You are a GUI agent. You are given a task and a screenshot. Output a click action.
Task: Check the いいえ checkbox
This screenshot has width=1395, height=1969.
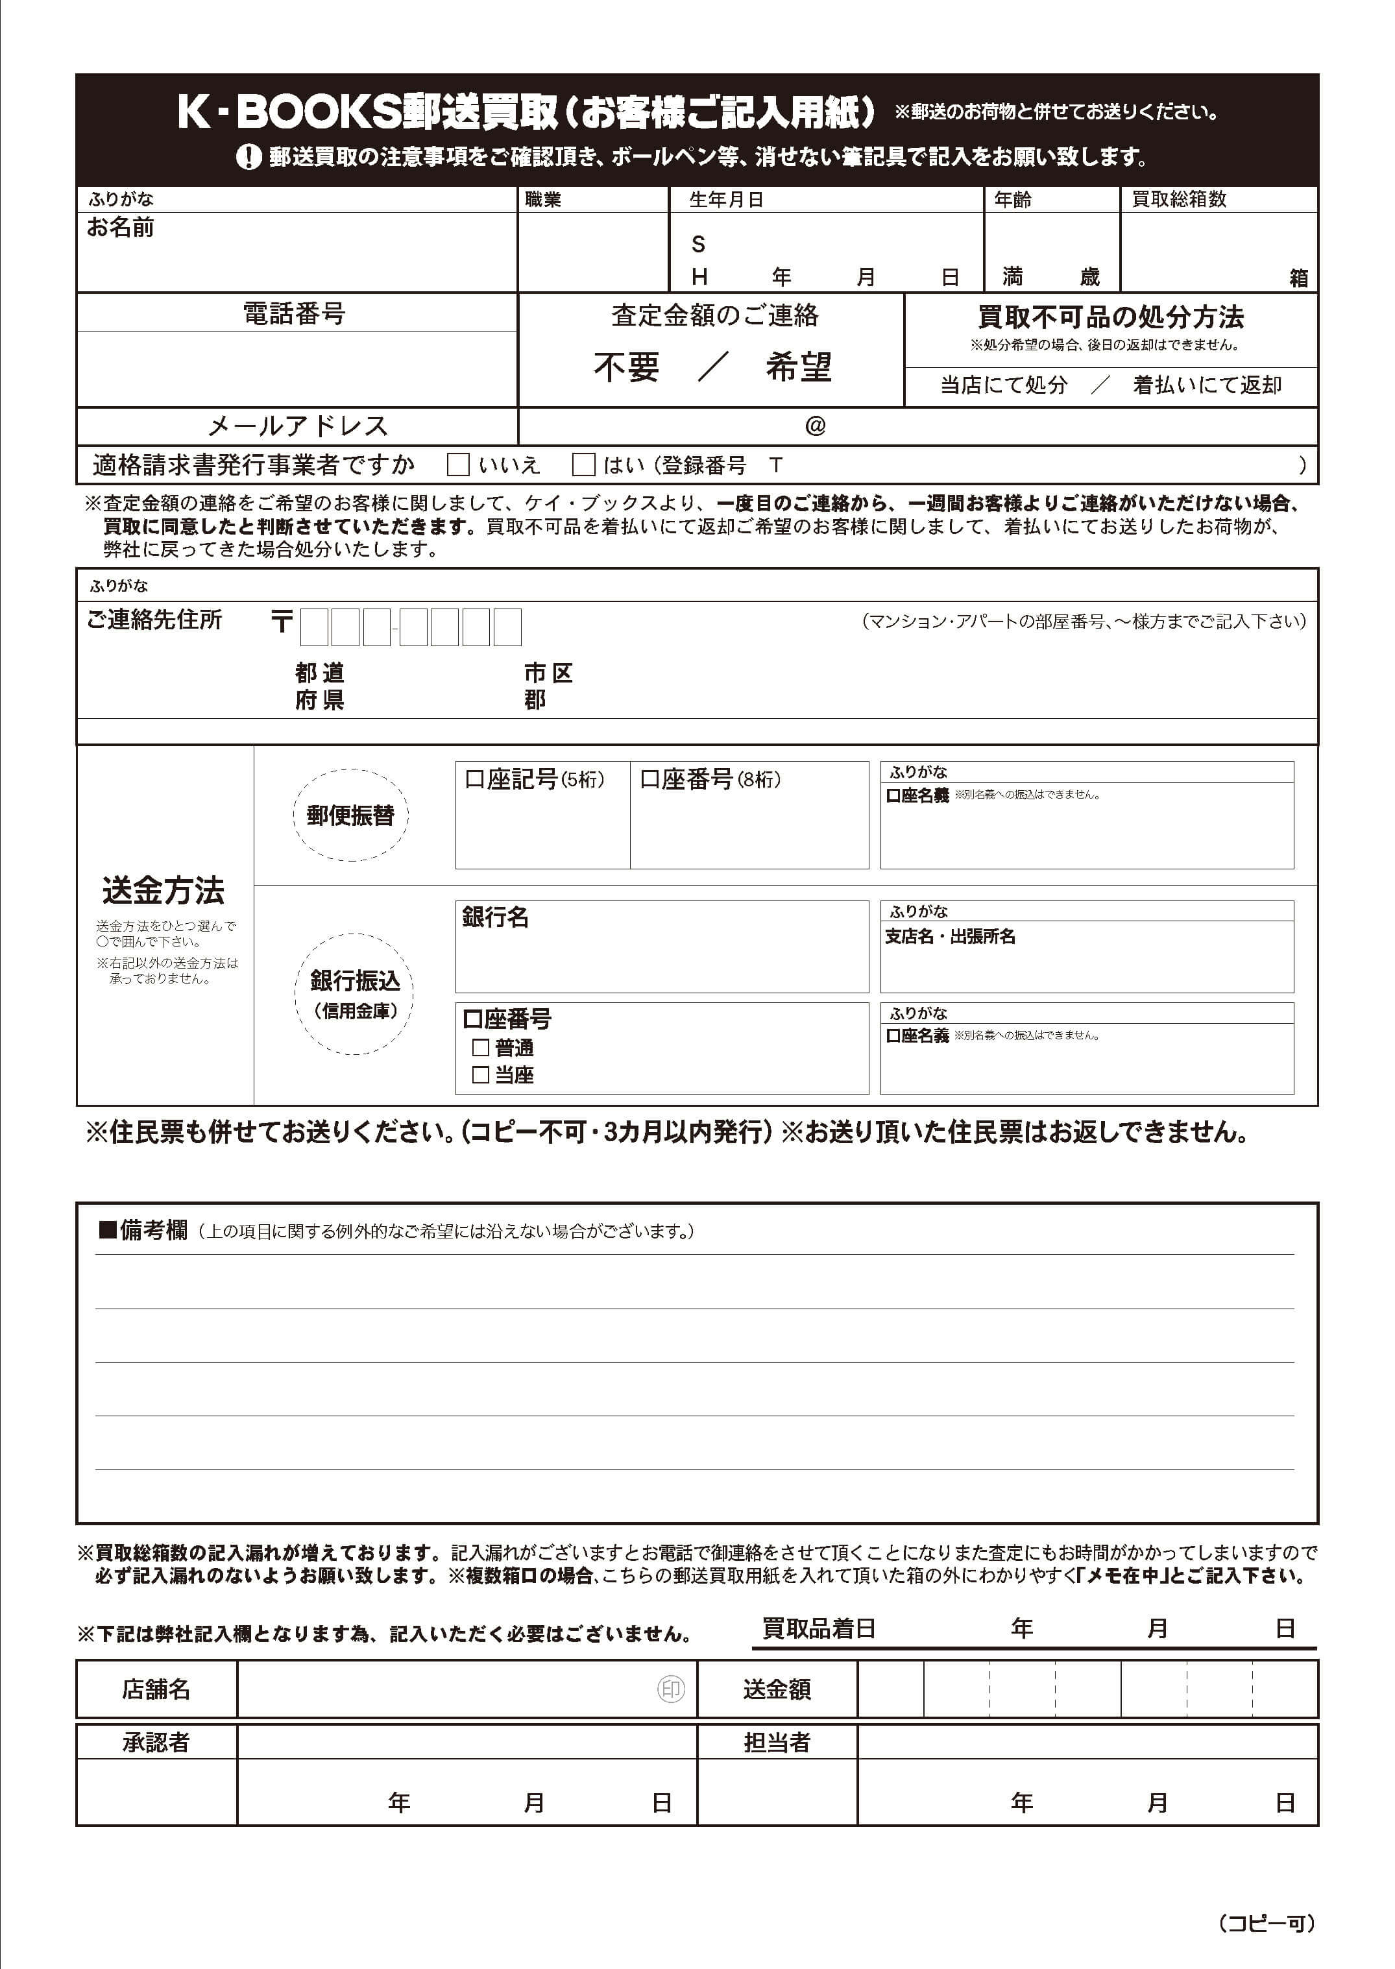459,465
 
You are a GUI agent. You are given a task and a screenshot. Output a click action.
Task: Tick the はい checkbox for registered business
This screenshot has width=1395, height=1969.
584,465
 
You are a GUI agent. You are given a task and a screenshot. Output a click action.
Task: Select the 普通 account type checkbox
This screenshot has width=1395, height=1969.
481,1048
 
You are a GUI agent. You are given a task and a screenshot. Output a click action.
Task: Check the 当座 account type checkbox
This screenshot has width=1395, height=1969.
481,1075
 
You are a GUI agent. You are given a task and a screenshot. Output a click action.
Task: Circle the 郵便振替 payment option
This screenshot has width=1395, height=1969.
350,815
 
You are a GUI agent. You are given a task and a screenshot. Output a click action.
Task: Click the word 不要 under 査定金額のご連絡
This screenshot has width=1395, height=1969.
626,367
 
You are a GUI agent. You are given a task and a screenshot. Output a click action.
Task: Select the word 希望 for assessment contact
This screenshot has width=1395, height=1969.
799,367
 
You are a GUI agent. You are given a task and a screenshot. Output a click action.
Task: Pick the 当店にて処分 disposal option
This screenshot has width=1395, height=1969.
1003,385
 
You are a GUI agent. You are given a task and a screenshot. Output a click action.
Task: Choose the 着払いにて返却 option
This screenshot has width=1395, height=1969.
1207,385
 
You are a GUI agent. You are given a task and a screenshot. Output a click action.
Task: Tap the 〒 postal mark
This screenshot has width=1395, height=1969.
282,622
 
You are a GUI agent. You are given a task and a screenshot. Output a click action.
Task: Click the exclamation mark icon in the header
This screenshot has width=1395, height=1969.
249,156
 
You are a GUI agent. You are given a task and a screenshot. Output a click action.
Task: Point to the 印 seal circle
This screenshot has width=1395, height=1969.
671,1690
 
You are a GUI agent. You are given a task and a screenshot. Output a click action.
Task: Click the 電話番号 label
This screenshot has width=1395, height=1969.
295,313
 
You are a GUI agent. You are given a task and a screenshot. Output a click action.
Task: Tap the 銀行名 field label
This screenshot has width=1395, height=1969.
496,917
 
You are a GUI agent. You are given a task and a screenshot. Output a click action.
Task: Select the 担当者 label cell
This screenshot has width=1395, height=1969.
777,1743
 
